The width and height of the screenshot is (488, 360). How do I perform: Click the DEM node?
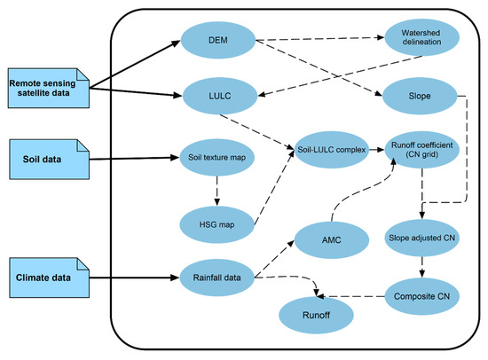coord(217,42)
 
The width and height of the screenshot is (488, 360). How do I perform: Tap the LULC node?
coord(217,91)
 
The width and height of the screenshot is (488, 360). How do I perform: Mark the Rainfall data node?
coord(217,277)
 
